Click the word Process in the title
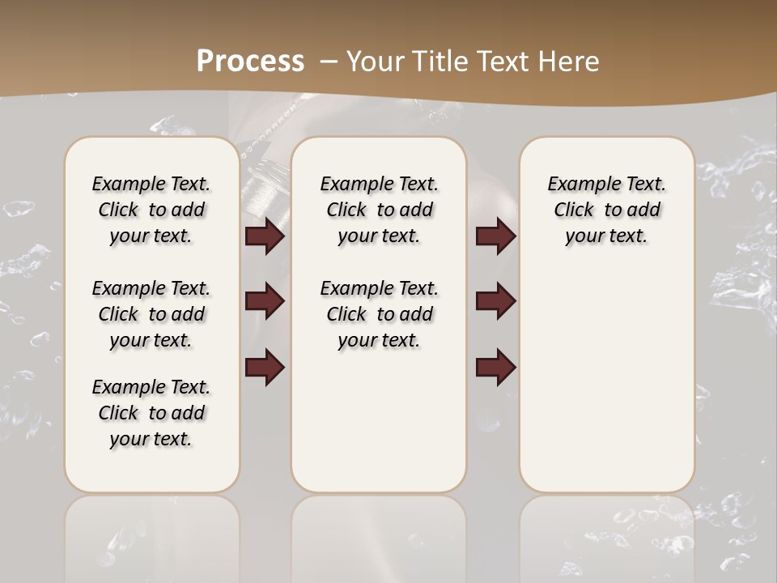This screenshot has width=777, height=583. [x=250, y=61]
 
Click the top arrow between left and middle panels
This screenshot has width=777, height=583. [x=265, y=236]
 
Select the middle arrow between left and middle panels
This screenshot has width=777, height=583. [x=265, y=301]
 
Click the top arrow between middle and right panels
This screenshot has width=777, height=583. [x=495, y=236]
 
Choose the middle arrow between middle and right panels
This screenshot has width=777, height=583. [x=495, y=301]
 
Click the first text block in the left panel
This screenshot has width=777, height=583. [x=151, y=210]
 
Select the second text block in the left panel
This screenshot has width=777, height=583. [x=151, y=314]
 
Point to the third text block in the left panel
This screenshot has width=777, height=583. [x=151, y=413]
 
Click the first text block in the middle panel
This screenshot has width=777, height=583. [x=380, y=210]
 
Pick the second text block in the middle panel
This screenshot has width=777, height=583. [x=380, y=314]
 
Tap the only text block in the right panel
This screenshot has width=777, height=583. [x=607, y=210]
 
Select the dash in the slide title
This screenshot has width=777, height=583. [x=329, y=61]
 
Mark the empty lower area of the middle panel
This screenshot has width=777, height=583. [x=379, y=421]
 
